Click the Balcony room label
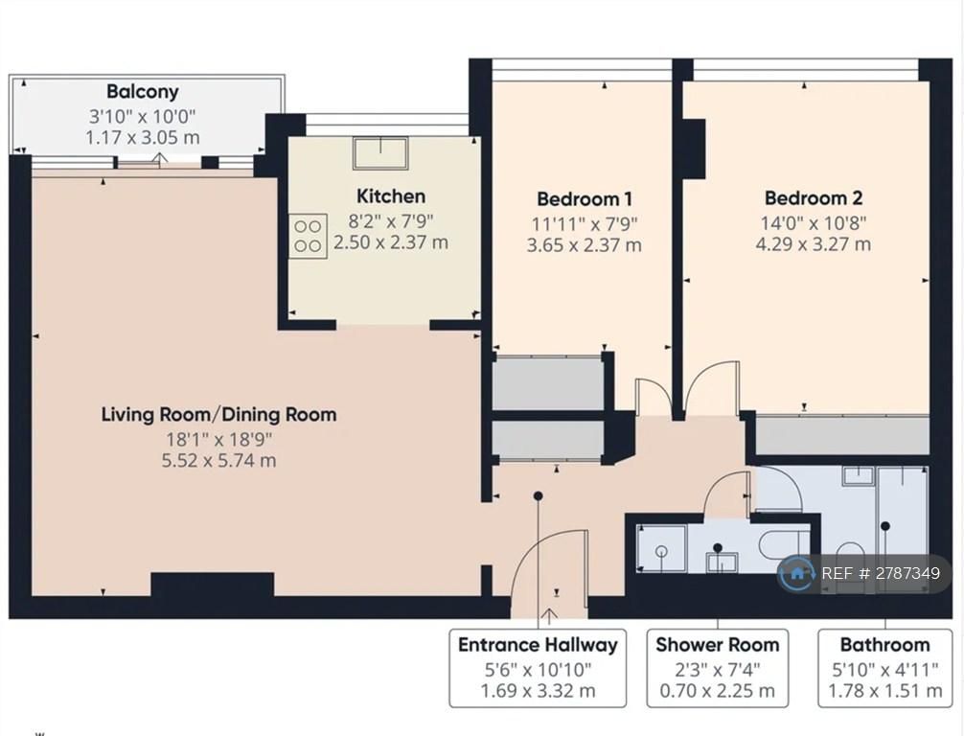coord(143,92)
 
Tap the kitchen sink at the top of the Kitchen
coord(380,153)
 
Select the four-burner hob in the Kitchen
coord(308,236)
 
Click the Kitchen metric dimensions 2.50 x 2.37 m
coord(391,242)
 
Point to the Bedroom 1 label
coord(585,198)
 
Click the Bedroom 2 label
coord(814,198)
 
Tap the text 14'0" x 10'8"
coord(814,222)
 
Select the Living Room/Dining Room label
coord(218,414)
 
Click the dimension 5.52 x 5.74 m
coord(218,460)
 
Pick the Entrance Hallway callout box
coord(538,668)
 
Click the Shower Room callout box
coord(718,668)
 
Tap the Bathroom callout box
coord(885,668)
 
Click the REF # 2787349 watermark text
coord(881,574)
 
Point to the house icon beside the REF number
coord(796,574)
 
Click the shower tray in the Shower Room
coord(661,549)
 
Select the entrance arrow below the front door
coord(549,616)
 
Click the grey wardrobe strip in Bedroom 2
coord(841,435)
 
